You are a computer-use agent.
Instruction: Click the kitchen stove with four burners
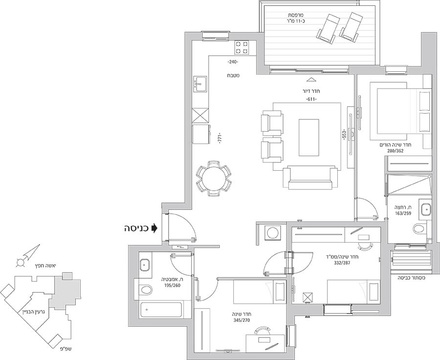(242, 47)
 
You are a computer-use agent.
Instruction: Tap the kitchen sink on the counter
(199, 84)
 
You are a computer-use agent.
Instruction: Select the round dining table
(214, 179)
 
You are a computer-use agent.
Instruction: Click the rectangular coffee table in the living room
(308, 137)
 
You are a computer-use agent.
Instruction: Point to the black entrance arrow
(154, 228)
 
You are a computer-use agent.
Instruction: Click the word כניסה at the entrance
(136, 228)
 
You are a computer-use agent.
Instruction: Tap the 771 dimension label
(220, 139)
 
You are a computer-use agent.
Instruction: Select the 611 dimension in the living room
(311, 99)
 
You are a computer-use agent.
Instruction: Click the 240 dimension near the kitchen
(232, 62)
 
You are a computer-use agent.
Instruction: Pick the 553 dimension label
(344, 135)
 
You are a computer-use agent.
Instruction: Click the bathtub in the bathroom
(161, 310)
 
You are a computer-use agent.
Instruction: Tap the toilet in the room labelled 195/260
(145, 290)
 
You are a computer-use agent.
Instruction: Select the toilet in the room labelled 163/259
(419, 227)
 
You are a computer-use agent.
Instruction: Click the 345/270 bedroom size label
(242, 320)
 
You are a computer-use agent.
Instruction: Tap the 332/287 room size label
(342, 263)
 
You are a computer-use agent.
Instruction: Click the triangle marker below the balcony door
(310, 79)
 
